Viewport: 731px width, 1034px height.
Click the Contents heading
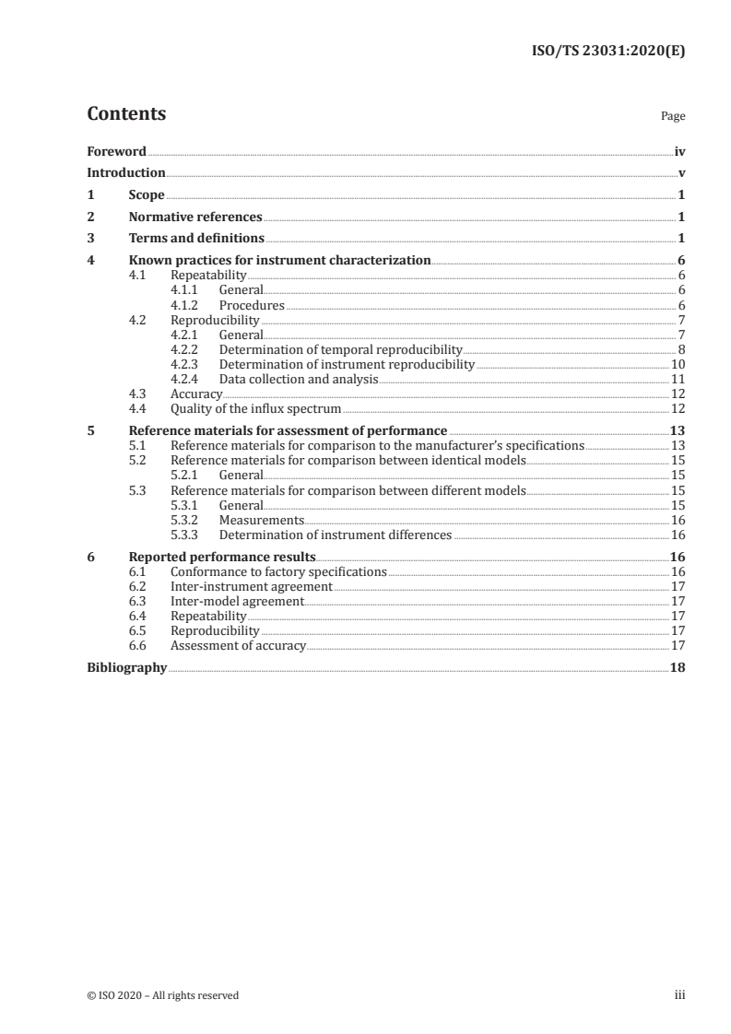point(126,114)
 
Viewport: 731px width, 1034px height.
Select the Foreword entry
point(116,151)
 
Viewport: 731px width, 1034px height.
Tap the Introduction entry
point(126,173)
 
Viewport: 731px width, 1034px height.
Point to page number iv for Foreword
point(679,151)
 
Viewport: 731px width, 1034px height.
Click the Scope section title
point(147,195)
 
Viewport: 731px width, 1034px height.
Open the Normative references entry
point(195,217)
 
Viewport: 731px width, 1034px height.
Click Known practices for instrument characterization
point(279,261)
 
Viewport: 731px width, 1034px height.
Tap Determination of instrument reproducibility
point(347,364)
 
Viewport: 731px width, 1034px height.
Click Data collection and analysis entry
point(299,379)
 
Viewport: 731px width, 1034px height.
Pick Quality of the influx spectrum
point(255,408)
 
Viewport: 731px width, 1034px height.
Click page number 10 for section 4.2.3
point(677,364)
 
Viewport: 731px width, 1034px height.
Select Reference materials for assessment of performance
point(288,430)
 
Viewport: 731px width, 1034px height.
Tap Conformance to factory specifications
point(278,571)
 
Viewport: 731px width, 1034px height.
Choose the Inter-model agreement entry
point(237,601)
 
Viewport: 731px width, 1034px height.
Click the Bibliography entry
point(126,667)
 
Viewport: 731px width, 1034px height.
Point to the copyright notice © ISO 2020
point(163,995)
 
